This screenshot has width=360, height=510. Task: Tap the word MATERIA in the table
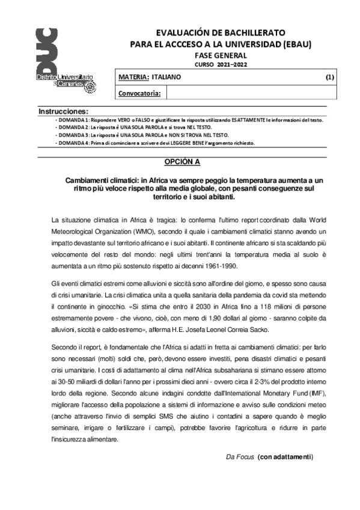tap(133, 78)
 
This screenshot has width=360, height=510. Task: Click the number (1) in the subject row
tap(330, 78)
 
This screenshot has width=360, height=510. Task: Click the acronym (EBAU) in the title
tap(294, 44)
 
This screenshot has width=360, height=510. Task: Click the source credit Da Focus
tap(239, 457)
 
